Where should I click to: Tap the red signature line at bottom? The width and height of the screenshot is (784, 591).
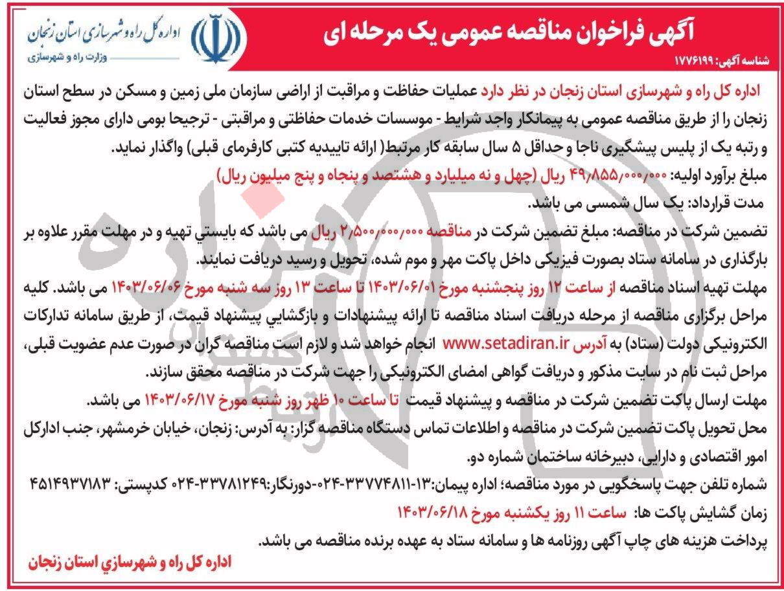tap(129, 562)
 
